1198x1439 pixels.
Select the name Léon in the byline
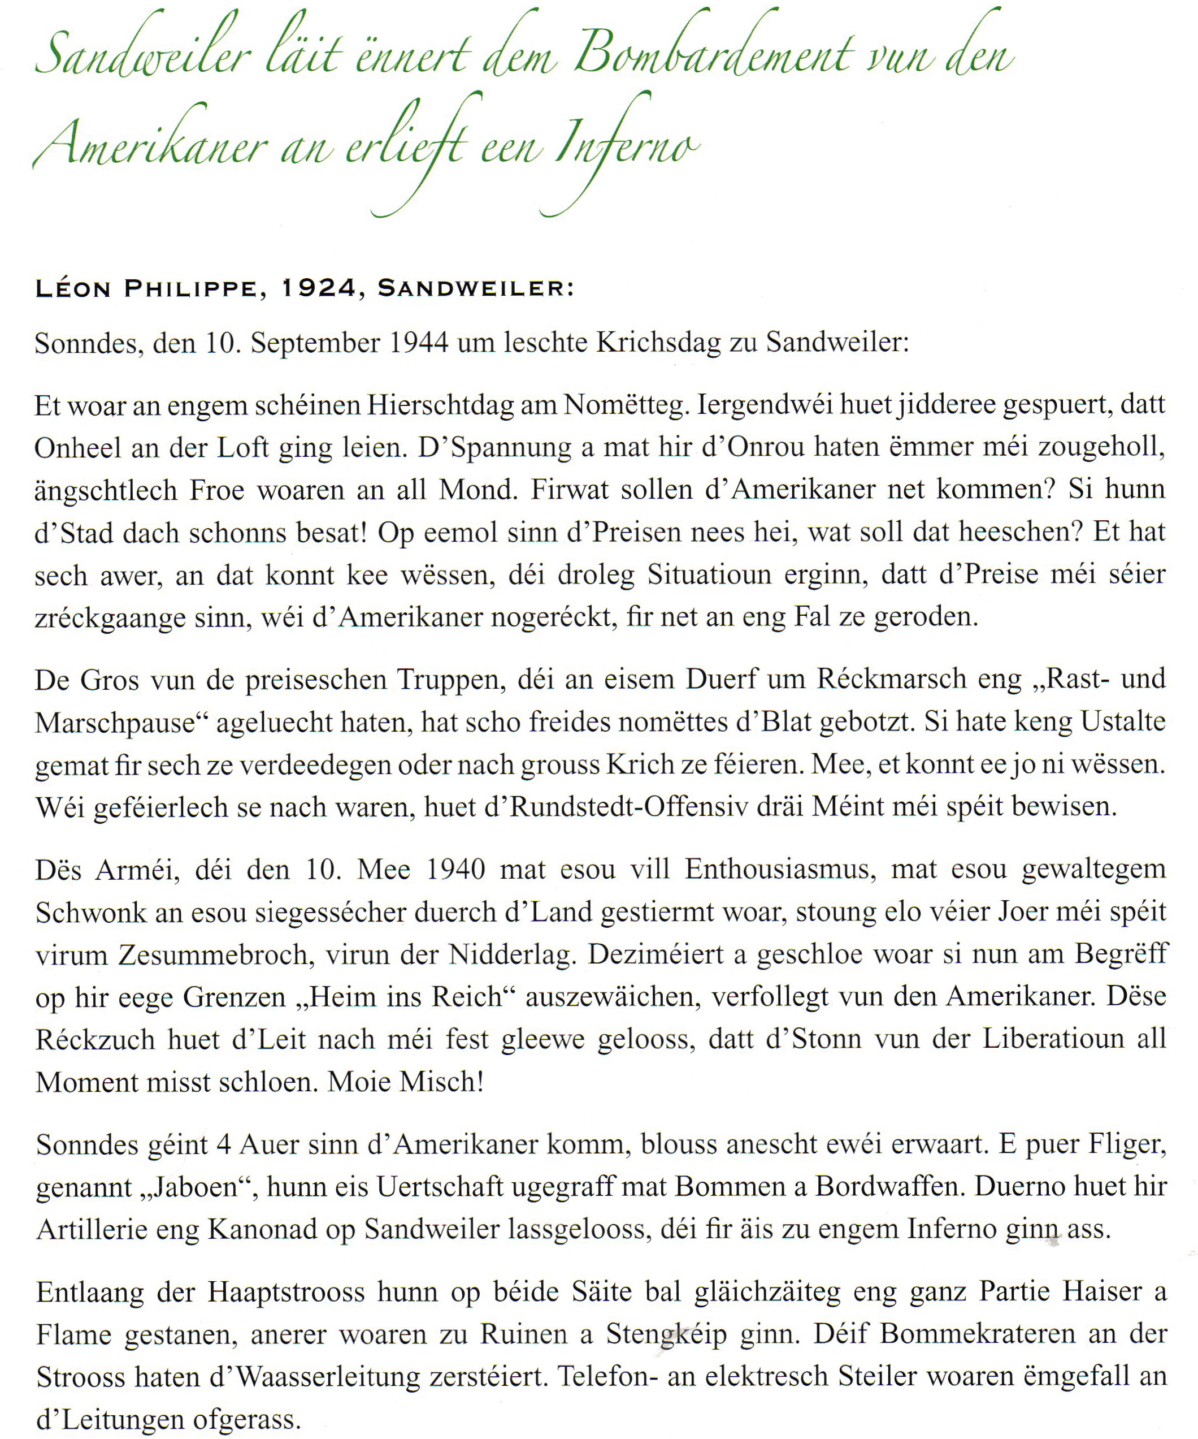(x=72, y=288)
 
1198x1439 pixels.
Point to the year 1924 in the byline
(x=319, y=288)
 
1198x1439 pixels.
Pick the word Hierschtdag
(x=440, y=405)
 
